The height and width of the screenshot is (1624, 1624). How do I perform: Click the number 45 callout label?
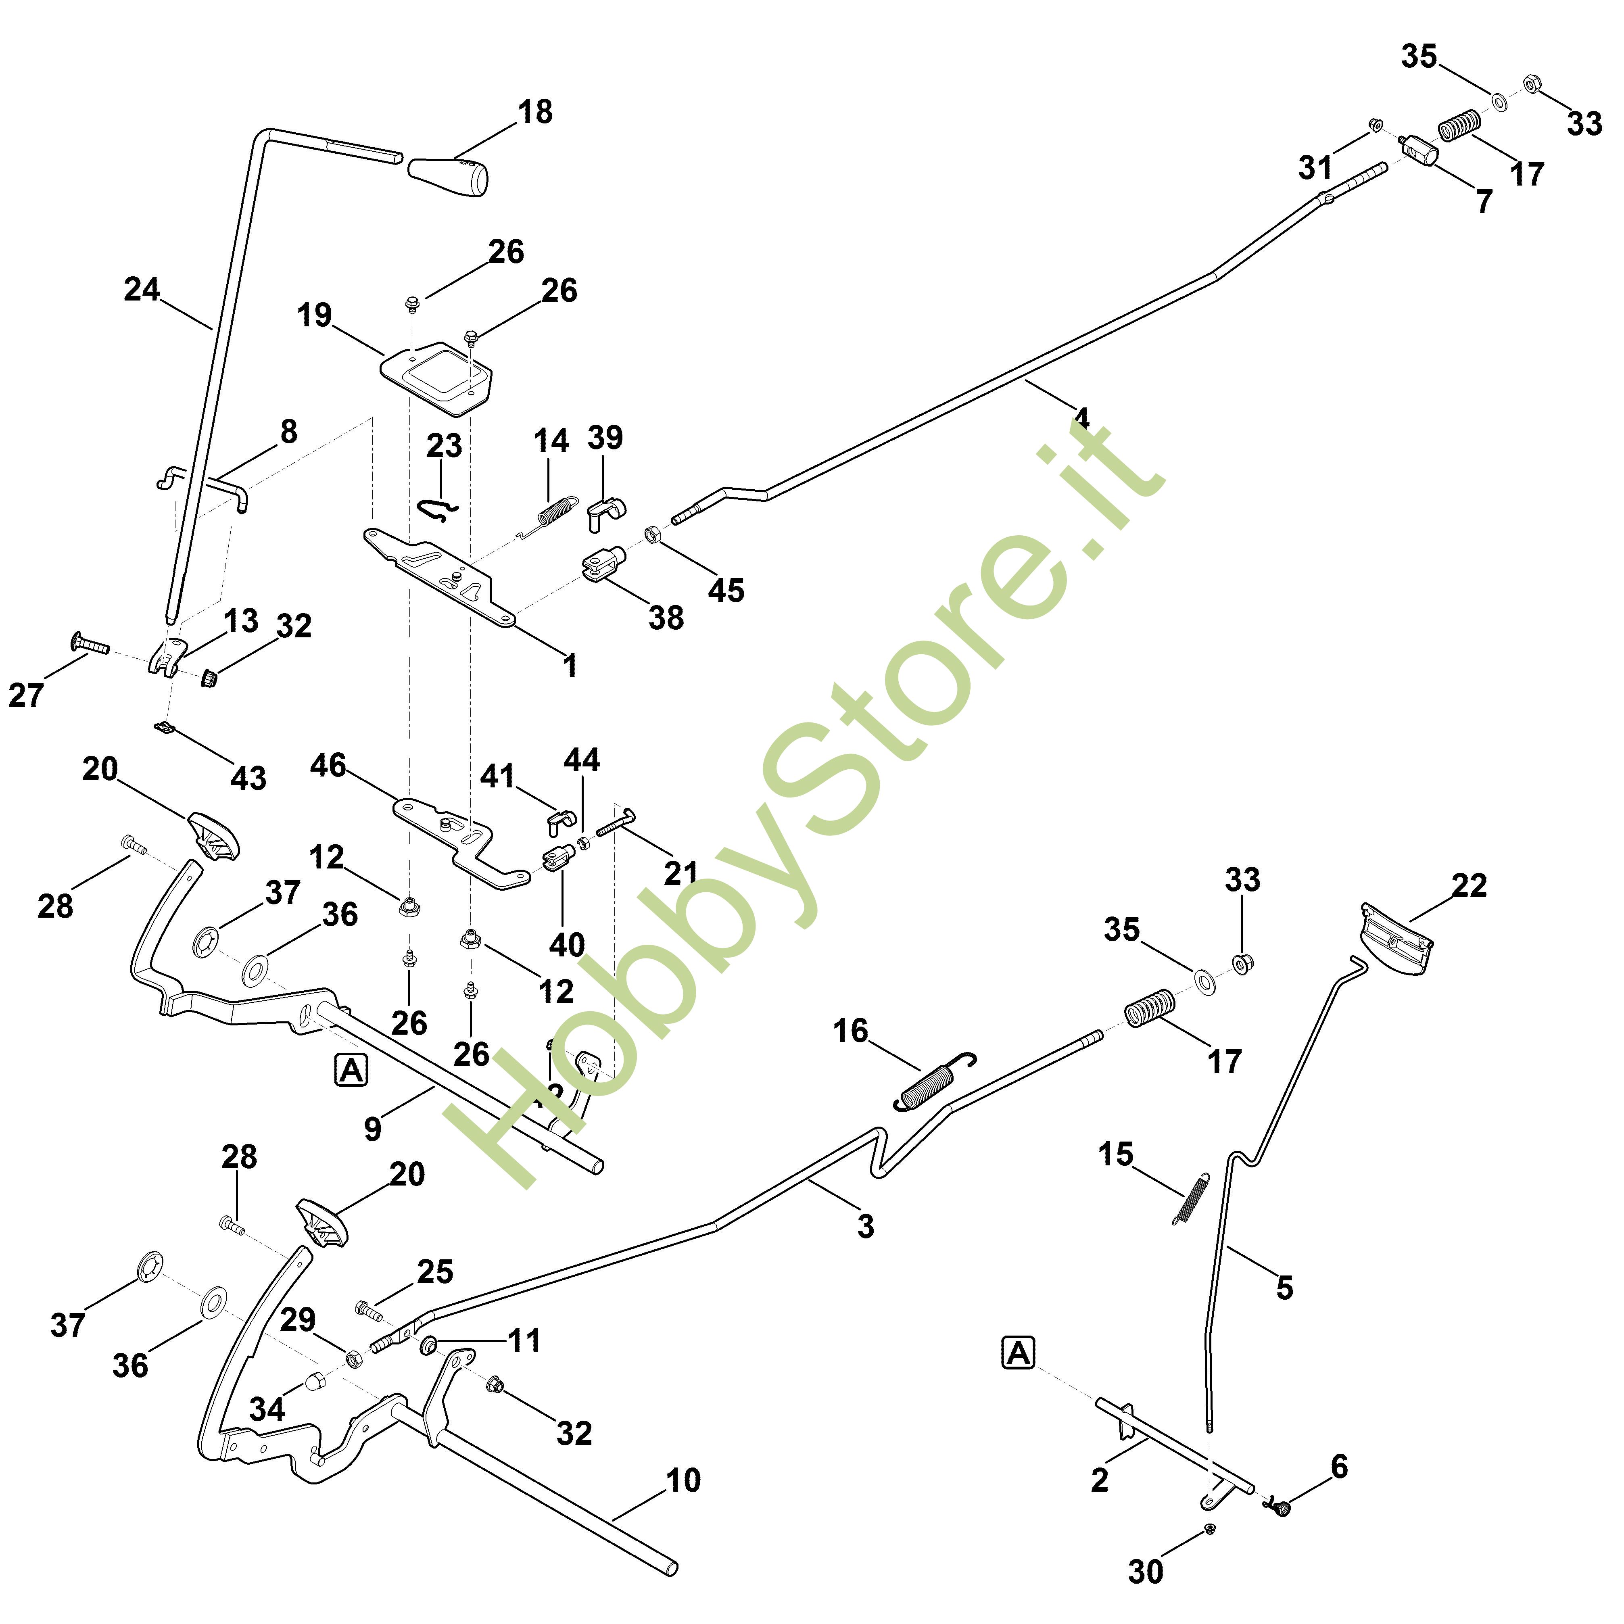tap(725, 590)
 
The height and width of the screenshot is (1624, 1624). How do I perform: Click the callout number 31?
tap(1315, 167)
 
